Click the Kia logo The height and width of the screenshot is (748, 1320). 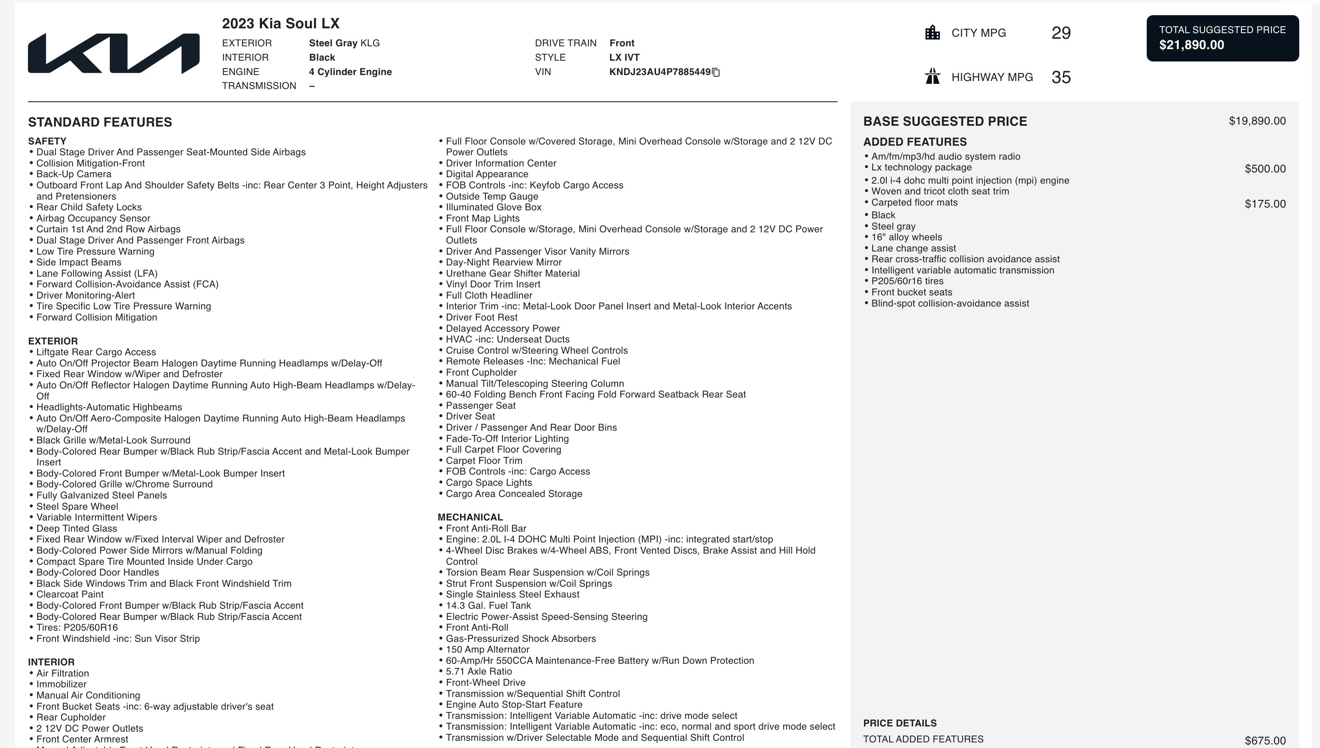coord(113,53)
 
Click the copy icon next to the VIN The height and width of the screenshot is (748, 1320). coord(716,72)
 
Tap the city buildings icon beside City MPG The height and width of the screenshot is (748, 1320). coord(932,33)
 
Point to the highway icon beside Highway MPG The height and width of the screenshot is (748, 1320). coord(932,77)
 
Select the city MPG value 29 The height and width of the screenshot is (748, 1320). coord(1061,33)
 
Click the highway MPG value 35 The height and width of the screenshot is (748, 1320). coord(1061,77)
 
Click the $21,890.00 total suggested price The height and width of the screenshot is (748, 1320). coord(1191,45)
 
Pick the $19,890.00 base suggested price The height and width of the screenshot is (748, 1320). coord(1257,121)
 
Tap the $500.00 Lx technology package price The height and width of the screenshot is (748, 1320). coord(1265,169)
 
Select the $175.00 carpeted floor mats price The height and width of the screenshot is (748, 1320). coord(1265,204)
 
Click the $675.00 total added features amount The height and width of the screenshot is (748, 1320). coord(1265,741)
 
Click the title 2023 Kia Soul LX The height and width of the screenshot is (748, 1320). coord(281,24)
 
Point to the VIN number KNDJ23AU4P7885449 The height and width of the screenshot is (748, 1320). coord(660,72)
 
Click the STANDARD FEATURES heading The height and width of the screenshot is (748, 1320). coord(100,122)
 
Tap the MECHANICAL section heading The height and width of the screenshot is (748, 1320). coord(470,517)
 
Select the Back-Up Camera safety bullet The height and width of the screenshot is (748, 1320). coord(73,174)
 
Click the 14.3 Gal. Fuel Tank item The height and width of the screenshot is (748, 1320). coord(488,606)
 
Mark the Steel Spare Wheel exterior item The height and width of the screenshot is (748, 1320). coord(77,507)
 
